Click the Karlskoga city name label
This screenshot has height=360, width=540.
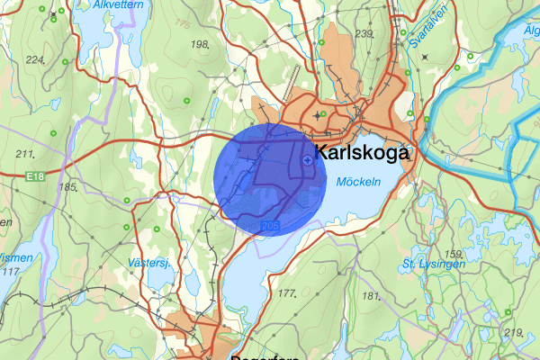click(361, 153)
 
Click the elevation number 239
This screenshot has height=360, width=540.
click(364, 33)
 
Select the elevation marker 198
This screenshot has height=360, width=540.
click(200, 43)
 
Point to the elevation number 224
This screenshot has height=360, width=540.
click(35, 59)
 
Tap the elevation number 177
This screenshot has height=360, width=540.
click(288, 294)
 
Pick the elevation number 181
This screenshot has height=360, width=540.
click(370, 295)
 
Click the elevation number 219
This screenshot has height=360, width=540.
click(513, 333)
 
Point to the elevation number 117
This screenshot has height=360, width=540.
click(10, 271)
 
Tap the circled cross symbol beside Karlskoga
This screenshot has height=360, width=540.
click(308, 160)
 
